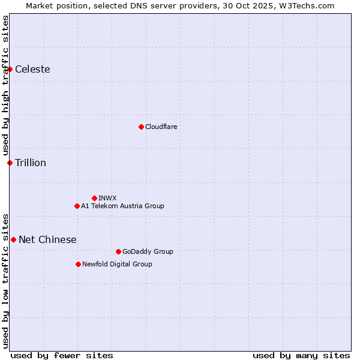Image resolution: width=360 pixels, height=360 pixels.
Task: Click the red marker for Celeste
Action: coord(10,69)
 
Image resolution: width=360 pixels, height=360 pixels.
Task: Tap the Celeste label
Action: coord(32,69)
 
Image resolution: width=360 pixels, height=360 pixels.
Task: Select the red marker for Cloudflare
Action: coord(141,127)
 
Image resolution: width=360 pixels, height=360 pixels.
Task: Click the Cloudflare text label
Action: coord(161,127)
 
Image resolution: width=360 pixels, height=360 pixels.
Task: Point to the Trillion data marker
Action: coord(10,163)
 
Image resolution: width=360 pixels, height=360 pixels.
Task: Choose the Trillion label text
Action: coord(31,163)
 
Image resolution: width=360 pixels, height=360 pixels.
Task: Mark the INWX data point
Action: coord(94,198)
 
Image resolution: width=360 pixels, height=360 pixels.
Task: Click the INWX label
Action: coord(107,198)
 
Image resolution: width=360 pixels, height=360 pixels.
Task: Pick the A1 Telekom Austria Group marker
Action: coord(77,206)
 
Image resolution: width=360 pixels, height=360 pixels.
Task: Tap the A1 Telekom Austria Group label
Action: coord(122,206)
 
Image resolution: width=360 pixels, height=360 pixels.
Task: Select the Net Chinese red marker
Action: coord(13,239)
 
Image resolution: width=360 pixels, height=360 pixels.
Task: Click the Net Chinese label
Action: coord(47,239)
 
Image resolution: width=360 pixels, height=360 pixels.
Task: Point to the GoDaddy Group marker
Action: coord(118,251)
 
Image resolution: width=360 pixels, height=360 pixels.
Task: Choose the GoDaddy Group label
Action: coord(148,251)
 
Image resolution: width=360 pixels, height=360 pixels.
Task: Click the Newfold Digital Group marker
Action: coord(78,264)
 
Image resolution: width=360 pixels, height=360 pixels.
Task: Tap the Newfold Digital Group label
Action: coord(117,264)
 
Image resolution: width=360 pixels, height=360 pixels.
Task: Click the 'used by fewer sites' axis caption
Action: coord(62,355)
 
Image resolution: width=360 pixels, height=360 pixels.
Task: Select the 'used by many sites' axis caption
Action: coord(301,355)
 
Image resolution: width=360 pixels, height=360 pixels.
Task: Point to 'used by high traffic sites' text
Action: coord(5,85)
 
